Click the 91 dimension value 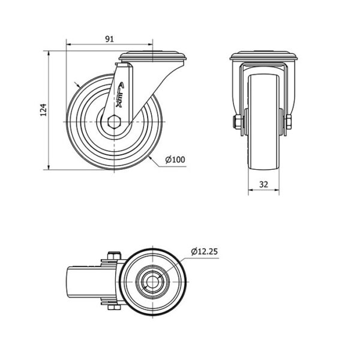[109, 39]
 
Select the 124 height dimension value [43, 110]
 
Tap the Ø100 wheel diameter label [175, 160]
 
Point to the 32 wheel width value [263, 184]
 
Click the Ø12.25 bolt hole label [205, 251]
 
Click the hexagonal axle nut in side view [114, 121]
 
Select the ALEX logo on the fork [119, 95]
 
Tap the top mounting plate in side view [152, 57]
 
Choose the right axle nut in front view [289, 122]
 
